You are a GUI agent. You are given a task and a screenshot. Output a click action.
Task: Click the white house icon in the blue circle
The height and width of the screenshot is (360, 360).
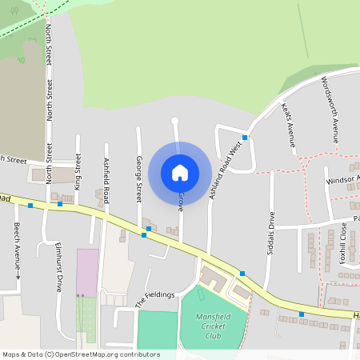pos(180,172)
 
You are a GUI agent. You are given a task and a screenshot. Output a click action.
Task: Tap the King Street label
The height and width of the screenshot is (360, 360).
pos(78,169)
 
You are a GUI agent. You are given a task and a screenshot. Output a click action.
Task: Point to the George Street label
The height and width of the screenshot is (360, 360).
pos(138,178)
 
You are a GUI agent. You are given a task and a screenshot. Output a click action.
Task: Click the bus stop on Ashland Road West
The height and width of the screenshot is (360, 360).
pos(245,138)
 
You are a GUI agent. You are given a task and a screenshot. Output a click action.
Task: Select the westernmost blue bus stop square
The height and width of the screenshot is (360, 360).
pos(30,206)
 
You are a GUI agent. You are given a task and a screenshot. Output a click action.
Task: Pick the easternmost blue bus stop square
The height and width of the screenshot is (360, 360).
pos(302,314)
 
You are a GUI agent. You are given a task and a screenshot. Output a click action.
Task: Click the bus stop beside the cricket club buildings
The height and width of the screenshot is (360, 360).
pos(242,274)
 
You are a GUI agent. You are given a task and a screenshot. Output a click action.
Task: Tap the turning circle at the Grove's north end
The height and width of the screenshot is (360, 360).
pos(174,121)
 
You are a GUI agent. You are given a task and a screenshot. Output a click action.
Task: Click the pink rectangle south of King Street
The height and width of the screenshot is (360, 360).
pos(87,272)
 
